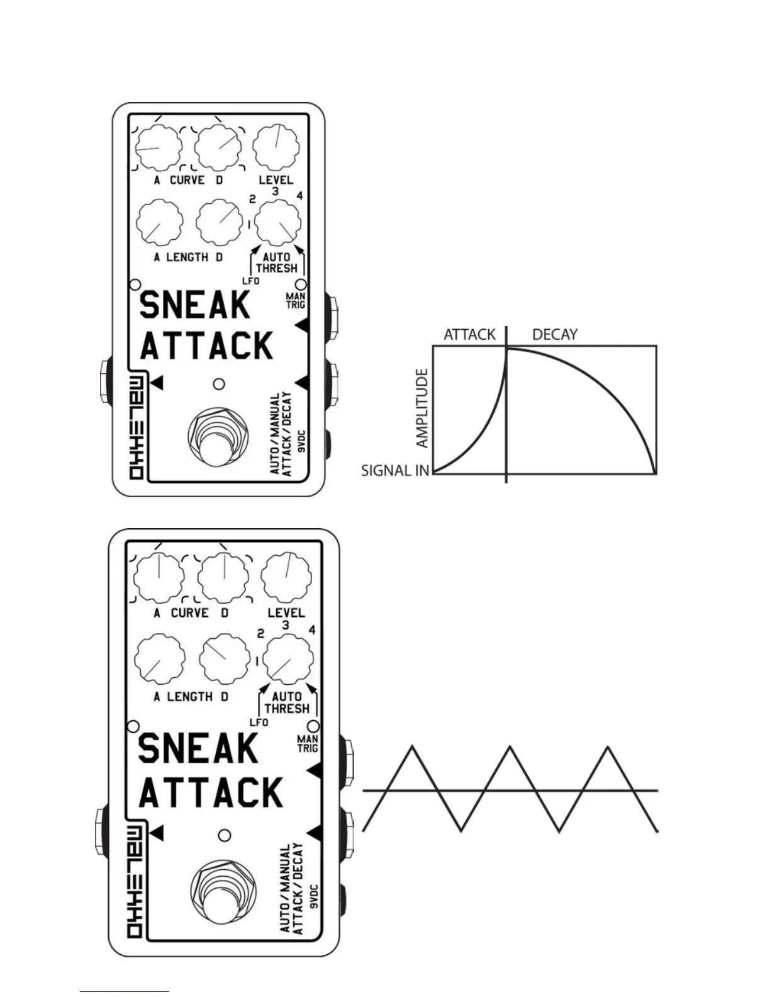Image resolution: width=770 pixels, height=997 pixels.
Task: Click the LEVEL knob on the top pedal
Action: click(276, 147)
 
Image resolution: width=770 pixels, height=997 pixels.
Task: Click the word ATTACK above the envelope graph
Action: click(469, 334)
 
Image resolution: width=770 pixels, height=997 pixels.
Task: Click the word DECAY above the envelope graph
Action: click(554, 334)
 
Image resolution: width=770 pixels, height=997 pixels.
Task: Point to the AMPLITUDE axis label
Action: click(422, 408)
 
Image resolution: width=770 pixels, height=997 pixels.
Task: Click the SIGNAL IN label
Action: click(395, 470)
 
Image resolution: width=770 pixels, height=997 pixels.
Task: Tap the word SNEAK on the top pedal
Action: click(194, 306)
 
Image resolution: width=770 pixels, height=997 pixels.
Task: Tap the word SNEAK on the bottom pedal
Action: click(198, 749)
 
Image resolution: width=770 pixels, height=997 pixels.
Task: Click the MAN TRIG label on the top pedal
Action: click(296, 300)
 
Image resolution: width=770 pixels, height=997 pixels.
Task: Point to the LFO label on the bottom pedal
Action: click(259, 723)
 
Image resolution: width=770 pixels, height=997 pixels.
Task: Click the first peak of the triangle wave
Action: click(412, 747)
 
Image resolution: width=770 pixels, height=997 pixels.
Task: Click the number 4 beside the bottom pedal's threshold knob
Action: click(312, 630)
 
